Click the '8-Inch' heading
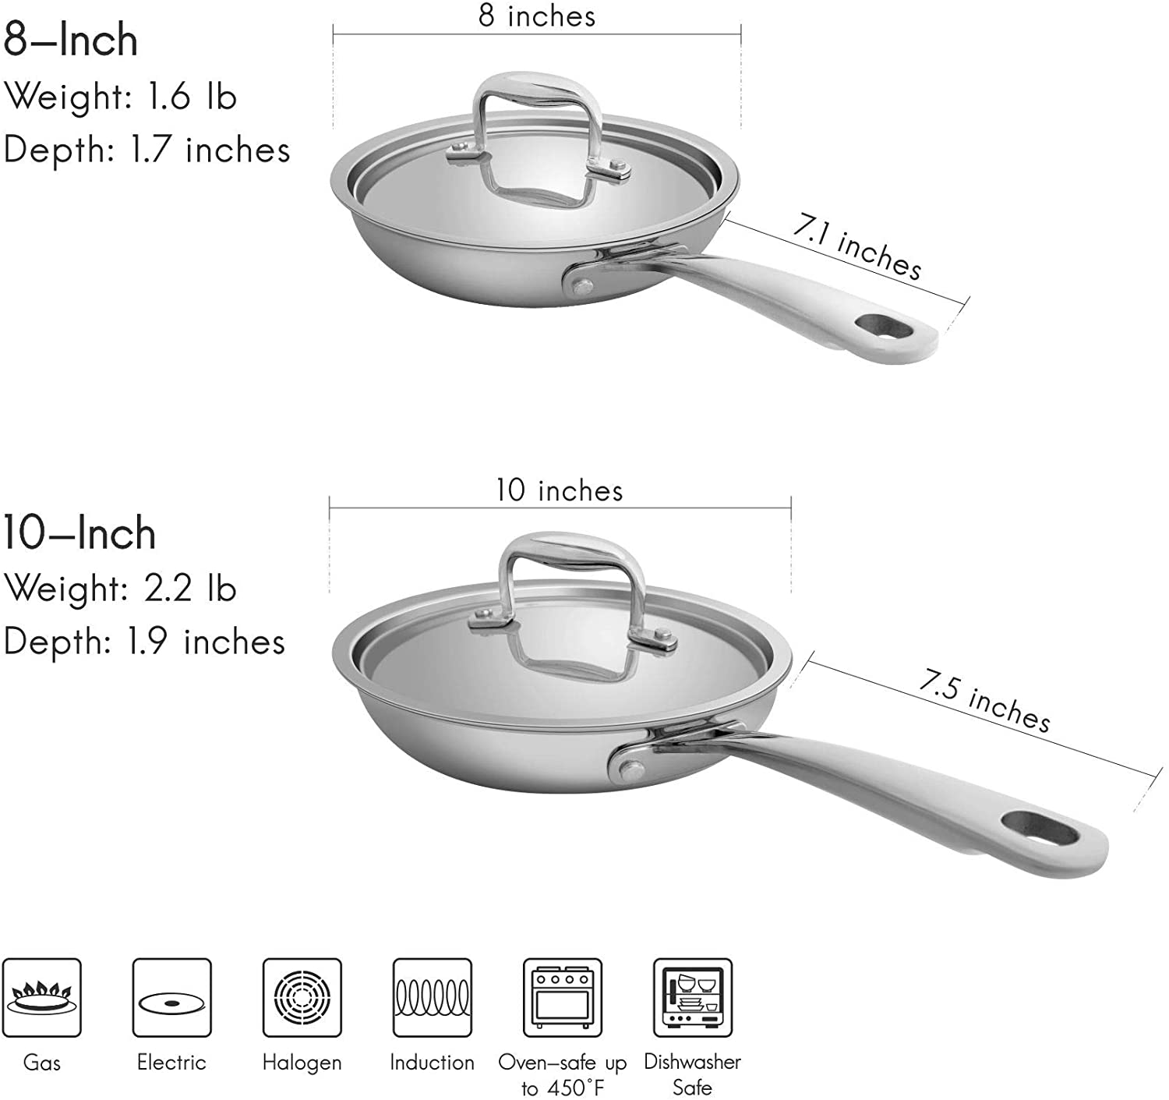71,41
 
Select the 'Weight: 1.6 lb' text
120,97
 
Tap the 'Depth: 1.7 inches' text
147,150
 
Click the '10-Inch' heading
79,533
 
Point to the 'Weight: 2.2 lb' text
120,588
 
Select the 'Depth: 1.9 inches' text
145,642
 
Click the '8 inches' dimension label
537,16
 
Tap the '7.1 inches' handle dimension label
857,247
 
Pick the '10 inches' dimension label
560,490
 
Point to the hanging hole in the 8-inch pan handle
884,326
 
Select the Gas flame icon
42,998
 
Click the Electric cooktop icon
171,998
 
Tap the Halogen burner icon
302,998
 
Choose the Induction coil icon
433,998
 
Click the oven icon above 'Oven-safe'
562,998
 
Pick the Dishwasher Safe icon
692,998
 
